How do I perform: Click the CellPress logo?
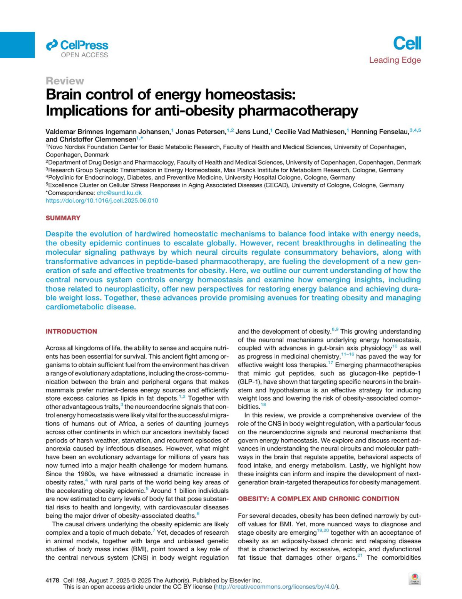pyautogui.click(x=77, y=45)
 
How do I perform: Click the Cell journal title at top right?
pyautogui.click(x=407, y=43)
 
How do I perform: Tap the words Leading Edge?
pyautogui.click(x=395, y=60)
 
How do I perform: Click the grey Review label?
pyautogui.click(x=64, y=81)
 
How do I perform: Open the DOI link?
pyautogui.click(x=102, y=200)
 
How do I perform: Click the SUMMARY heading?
pyautogui.click(x=63, y=218)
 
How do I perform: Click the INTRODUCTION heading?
pyautogui.click(x=71, y=331)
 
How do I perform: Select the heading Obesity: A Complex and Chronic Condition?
pyautogui.click(x=318, y=499)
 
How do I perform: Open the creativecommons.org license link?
pyautogui.click(x=276, y=587)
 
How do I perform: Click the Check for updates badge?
pyautogui.click(x=415, y=579)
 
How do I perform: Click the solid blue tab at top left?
pyautogui.click(x=17, y=45)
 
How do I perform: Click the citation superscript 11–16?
pyautogui.click(x=348, y=354)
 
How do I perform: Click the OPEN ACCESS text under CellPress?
pyautogui.click(x=84, y=55)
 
